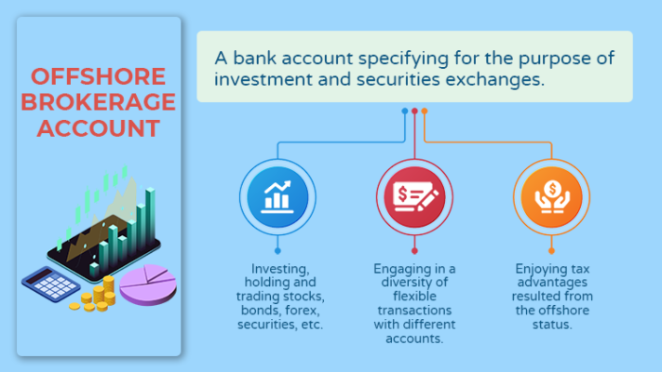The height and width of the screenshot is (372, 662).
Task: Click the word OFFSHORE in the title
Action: (98, 76)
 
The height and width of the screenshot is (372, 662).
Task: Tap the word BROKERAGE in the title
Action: (98, 102)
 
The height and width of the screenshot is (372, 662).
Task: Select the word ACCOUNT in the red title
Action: (98, 128)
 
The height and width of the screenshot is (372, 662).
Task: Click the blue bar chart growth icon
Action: (277, 197)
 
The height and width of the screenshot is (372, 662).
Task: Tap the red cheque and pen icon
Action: (414, 197)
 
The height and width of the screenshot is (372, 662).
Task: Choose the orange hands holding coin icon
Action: (551, 197)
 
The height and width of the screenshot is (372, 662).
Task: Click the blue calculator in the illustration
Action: (50, 284)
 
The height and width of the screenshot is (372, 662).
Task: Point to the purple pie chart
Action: (148, 285)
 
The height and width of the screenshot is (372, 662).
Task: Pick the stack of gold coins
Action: (94, 295)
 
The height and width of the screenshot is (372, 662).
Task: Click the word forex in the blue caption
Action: (302, 311)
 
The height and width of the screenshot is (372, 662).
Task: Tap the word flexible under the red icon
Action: (414, 296)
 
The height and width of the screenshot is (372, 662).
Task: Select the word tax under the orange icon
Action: (580, 269)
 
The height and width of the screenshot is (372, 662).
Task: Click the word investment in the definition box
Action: (263, 79)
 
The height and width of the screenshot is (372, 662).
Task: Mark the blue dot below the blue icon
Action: (277, 251)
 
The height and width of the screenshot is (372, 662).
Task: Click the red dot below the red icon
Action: (414, 251)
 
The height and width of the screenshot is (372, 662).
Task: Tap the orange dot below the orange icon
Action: (551, 251)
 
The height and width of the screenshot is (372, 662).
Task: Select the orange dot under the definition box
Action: (425, 111)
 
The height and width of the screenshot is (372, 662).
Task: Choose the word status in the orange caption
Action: (552, 325)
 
